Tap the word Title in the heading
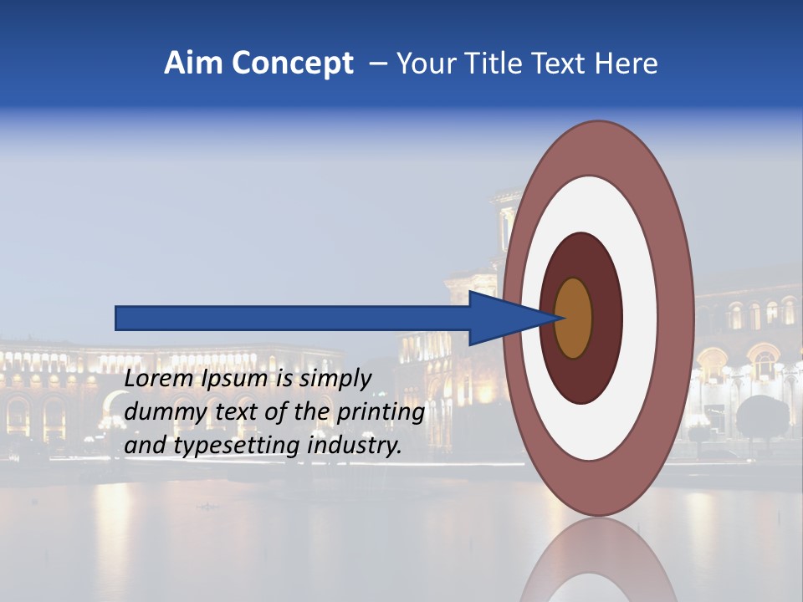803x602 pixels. (x=492, y=64)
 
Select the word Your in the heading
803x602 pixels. (x=423, y=64)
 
